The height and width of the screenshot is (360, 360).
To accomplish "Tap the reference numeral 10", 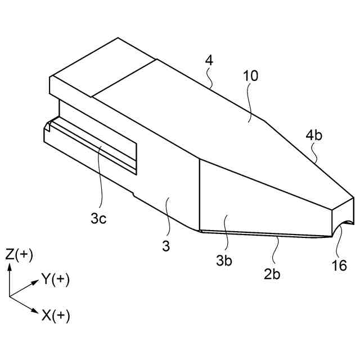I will click(250, 76).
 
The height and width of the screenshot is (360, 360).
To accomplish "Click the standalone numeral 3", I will click(166, 246).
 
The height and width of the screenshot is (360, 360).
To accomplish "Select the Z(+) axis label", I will click(19, 254).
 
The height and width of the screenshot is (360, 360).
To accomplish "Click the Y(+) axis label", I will click(55, 279).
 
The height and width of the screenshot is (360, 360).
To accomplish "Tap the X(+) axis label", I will click(55, 316).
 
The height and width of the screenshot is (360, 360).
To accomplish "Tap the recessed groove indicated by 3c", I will click(96, 143).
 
